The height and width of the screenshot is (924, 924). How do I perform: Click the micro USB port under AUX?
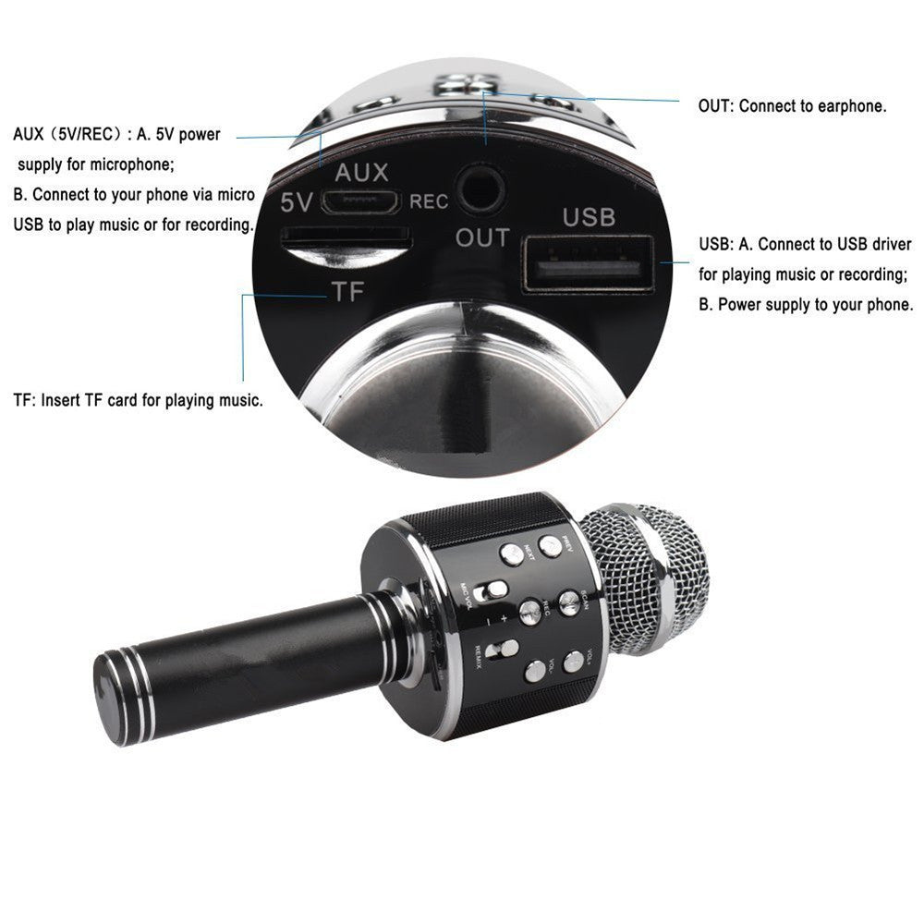[367, 201]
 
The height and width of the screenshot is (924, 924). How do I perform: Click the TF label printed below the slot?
[348, 293]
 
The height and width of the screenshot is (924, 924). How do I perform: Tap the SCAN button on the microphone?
[568, 603]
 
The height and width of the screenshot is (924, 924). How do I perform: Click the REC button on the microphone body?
[530, 611]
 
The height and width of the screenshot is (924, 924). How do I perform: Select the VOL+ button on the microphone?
[574, 660]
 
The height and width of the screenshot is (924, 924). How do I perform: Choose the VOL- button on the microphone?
[535, 670]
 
